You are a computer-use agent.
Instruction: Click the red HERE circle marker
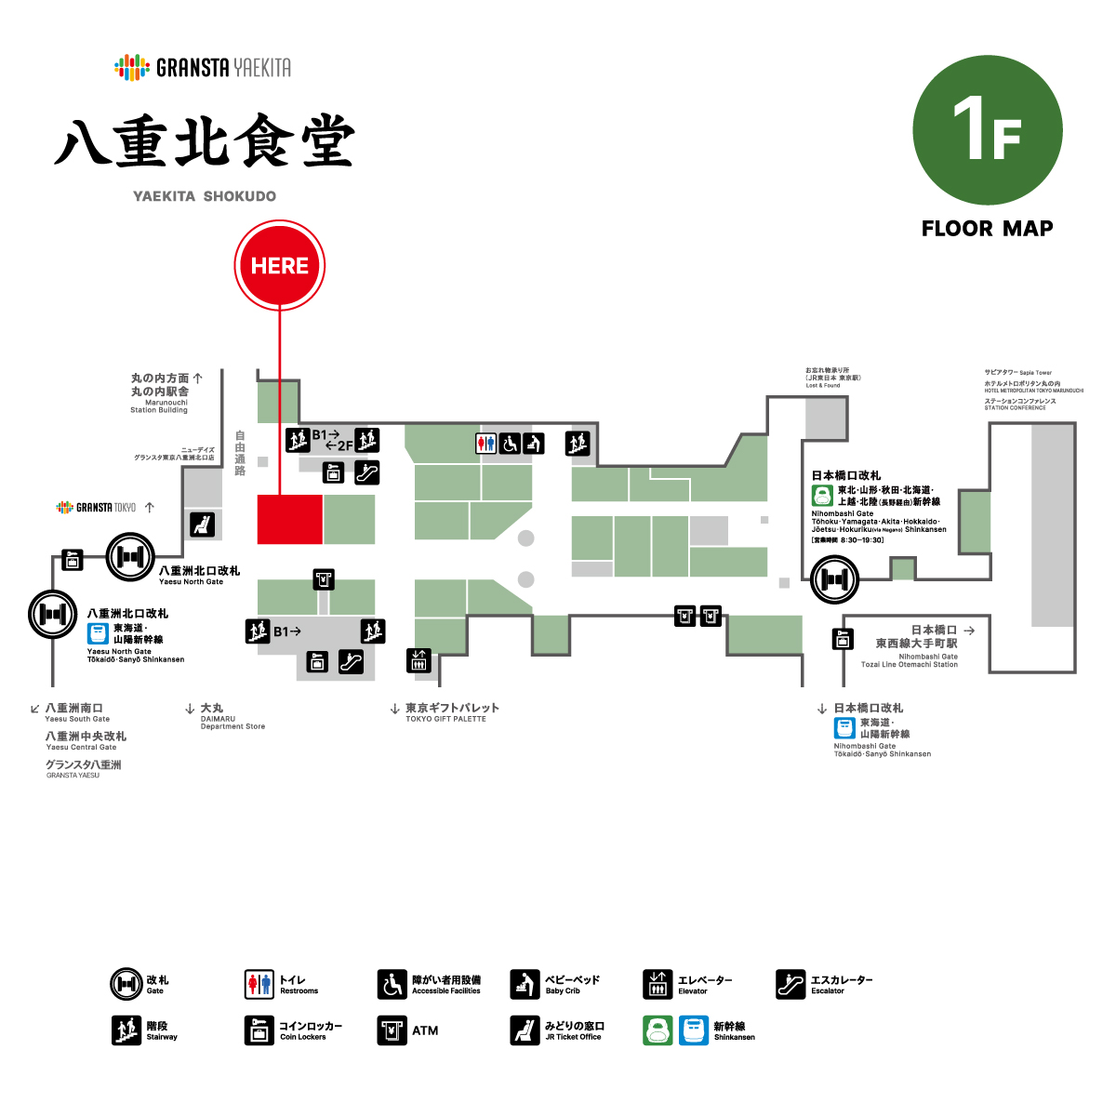tap(279, 266)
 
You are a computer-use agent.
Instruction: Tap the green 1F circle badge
tap(987, 130)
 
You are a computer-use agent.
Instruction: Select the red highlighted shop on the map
tap(289, 519)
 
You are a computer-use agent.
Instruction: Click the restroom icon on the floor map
tap(485, 444)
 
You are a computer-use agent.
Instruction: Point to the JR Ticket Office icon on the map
tap(202, 525)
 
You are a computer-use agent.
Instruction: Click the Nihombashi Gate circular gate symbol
tap(834, 579)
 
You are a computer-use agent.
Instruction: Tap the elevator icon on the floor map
tap(418, 659)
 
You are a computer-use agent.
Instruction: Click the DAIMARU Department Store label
tap(231, 717)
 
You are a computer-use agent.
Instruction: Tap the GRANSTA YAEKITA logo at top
tap(203, 67)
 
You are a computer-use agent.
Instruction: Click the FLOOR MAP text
tap(987, 229)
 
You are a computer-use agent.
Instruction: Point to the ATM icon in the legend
tap(392, 1030)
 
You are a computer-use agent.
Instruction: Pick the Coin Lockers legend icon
tap(259, 1030)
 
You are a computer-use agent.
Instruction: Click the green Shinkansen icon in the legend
tap(658, 1030)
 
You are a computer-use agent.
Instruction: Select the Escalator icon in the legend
tap(790, 984)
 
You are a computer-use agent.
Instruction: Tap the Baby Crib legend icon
tap(525, 984)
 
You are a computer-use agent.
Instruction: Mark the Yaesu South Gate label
tap(74, 712)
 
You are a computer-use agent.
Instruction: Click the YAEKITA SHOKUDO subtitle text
tap(205, 196)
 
